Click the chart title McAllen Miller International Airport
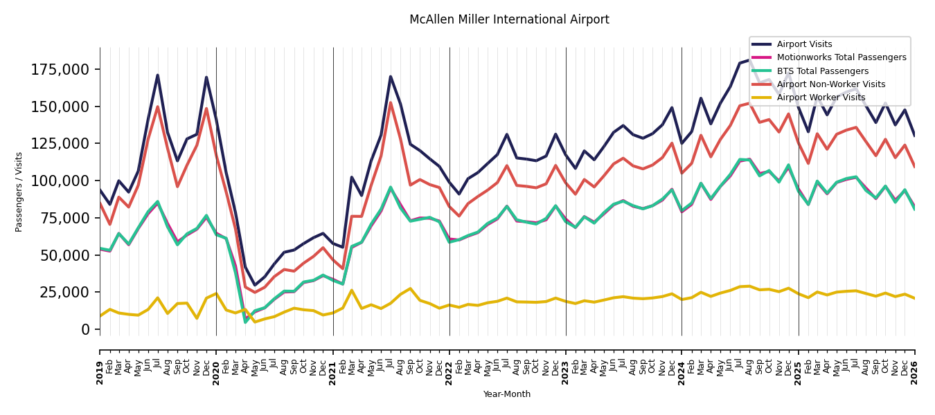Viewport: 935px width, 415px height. tap(509, 19)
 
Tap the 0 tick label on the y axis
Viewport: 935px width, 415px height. tap(86, 330)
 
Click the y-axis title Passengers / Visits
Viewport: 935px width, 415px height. tap(19, 192)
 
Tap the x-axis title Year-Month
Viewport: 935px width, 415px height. tap(507, 394)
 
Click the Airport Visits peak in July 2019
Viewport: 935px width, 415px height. tap(157, 75)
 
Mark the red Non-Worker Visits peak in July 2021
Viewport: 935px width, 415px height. tap(391, 102)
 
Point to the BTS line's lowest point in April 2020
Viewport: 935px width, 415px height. tap(245, 322)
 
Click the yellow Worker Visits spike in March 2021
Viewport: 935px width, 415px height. tap(352, 290)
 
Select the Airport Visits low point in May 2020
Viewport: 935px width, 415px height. tap(255, 285)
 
